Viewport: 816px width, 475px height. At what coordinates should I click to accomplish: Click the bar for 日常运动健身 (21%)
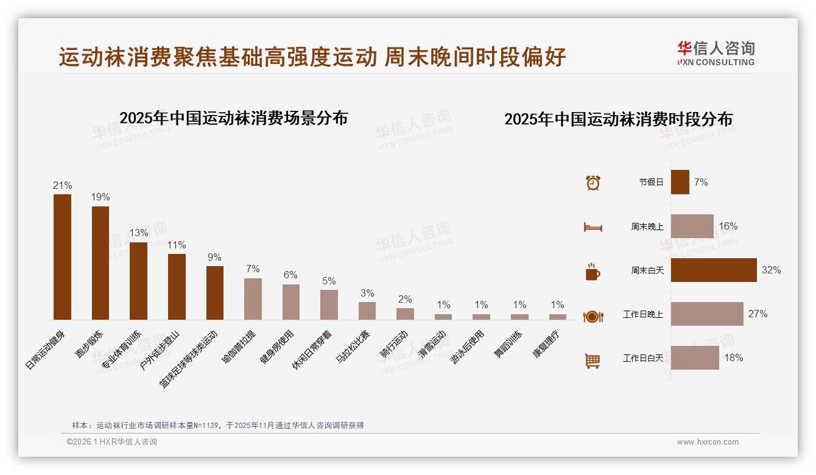click(x=62, y=257)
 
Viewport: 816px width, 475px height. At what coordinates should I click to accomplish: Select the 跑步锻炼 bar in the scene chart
click(x=100, y=263)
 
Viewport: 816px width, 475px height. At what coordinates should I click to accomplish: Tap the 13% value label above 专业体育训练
click(x=138, y=233)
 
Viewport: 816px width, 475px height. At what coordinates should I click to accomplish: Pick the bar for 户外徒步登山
click(x=177, y=287)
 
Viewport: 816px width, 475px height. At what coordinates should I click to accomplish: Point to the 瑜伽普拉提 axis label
click(x=240, y=347)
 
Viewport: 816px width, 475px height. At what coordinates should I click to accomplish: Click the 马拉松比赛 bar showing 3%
click(x=367, y=311)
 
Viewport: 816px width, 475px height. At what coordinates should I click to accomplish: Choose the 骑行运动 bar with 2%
click(x=405, y=314)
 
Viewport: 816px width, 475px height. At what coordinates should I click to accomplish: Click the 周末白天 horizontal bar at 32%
click(x=714, y=270)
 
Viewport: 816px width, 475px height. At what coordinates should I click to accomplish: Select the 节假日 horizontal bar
click(x=680, y=182)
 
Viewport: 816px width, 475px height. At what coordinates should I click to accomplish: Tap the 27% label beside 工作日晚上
click(x=758, y=314)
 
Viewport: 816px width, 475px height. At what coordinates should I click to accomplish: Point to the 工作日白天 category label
click(x=643, y=358)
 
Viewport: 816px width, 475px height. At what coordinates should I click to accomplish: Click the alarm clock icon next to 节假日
click(x=593, y=182)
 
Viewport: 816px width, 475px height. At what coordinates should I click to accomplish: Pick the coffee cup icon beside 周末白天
click(x=593, y=272)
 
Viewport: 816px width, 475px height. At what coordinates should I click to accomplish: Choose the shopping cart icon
click(x=593, y=361)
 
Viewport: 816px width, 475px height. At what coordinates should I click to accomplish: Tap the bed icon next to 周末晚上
click(x=593, y=227)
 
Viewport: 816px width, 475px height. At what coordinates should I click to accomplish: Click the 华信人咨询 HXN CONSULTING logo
click(x=716, y=54)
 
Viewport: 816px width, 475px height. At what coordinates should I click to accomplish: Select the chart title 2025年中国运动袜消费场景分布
click(x=233, y=118)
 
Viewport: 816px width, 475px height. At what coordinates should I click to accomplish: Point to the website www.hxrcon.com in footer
click(x=708, y=442)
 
